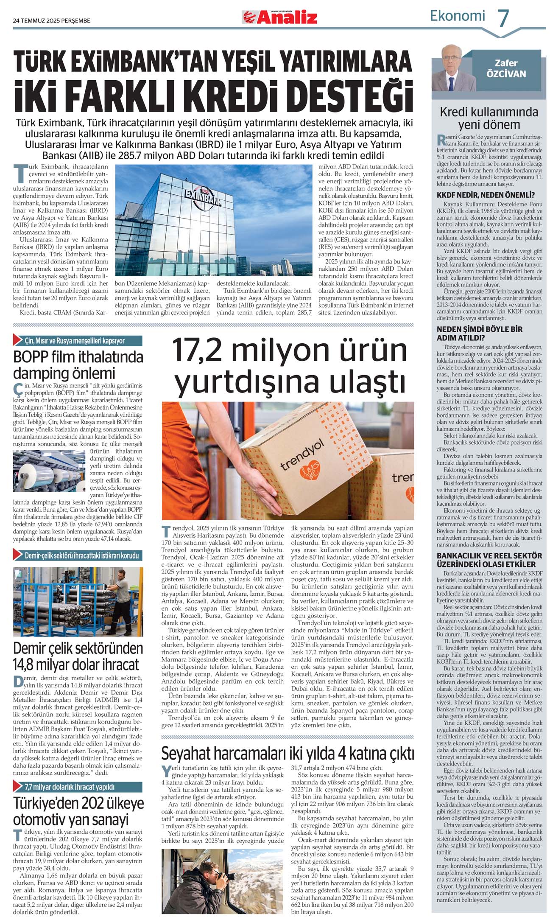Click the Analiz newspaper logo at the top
coord(279,17)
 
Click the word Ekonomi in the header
coord(457,16)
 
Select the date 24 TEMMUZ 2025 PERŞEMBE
coord(52,20)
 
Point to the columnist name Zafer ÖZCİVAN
coord(506,68)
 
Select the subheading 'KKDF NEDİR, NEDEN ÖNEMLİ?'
coord(486,195)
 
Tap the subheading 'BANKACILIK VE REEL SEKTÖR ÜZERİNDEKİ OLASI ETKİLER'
coord(489,560)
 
